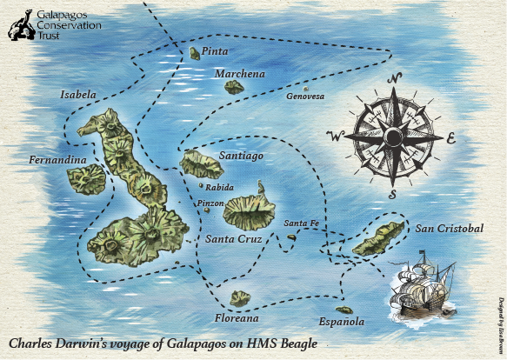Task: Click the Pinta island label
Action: point(215,52)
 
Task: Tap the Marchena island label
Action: point(239,75)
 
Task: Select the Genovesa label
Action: point(304,97)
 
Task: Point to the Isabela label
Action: point(78,93)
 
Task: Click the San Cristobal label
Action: point(448,229)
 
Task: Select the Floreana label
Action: point(235,318)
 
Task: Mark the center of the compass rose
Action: point(393,137)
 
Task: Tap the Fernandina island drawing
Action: point(87,179)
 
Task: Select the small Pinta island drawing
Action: point(194,54)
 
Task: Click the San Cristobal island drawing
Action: point(379,237)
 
